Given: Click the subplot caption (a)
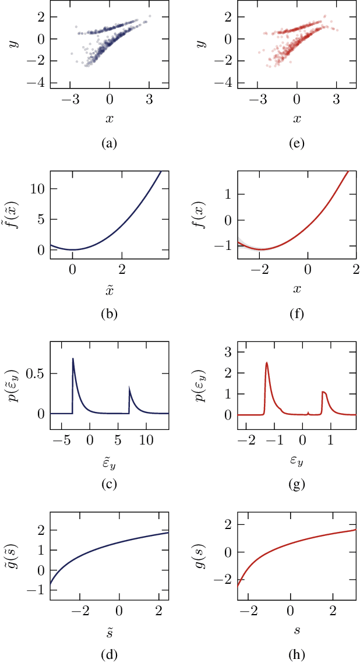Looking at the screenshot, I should coord(109,143).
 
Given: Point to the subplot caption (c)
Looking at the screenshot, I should coord(109,485).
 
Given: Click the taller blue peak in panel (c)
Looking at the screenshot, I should coord(73,359).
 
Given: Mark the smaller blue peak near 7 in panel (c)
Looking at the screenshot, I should coord(129,386).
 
